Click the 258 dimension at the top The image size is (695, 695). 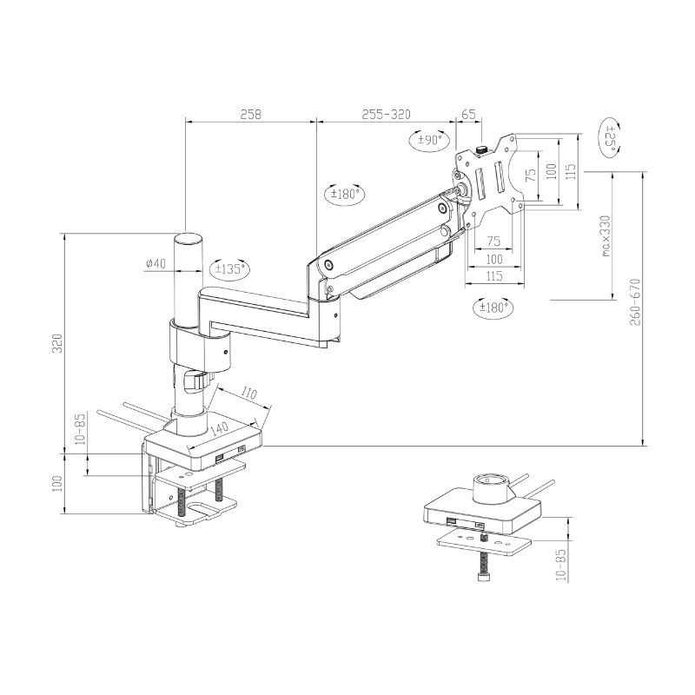coord(250,114)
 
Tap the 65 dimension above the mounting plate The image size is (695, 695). coord(469,114)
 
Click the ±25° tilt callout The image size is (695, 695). coord(611,139)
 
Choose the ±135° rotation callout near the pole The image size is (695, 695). coord(229,268)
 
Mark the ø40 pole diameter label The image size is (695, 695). coord(156,263)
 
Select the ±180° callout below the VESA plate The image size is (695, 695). coord(493,307)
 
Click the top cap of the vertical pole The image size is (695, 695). coord(188,238)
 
